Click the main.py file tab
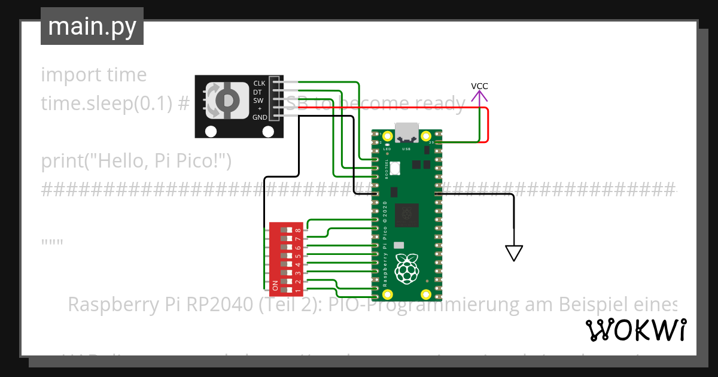92,26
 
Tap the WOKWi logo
635,330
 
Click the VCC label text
479,86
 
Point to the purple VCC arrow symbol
479,96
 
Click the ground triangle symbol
513,253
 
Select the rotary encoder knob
227,100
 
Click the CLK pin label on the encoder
259,83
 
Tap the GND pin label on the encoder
260,117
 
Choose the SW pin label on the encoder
258,101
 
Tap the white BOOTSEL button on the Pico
410,168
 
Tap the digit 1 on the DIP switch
298,290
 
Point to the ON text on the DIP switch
275,286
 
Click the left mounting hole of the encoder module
211,131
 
